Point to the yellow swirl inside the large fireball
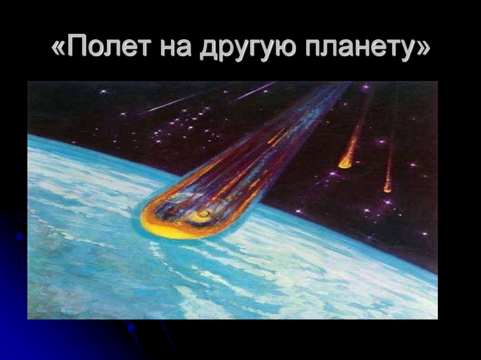tap(205, 215)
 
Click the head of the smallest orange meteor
tap(387, 189)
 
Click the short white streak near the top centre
tap(256, 91)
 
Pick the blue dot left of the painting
tap(20, 236)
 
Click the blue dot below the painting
tap(131, 327)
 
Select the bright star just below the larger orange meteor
tap(334, 174)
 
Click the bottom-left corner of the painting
tap(28, 318)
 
